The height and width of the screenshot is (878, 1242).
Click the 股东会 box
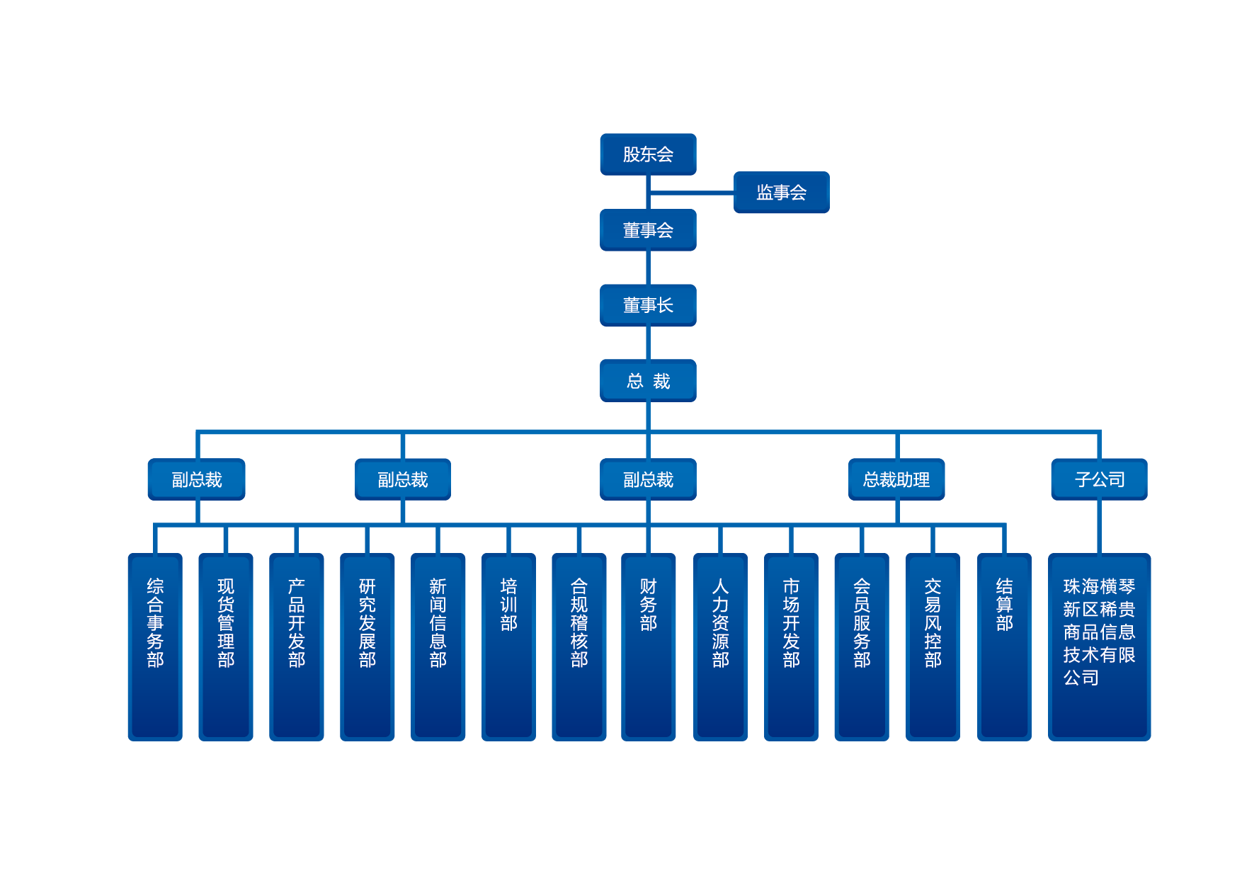pyautogui.click(x=648, y=154)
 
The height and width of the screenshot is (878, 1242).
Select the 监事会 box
pyautogui.click(x=781, y=193)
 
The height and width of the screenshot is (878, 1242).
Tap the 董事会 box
pyautogui.click(x=648, y=230)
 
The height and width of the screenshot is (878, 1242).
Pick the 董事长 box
pyautogui.click(x=648, y=305)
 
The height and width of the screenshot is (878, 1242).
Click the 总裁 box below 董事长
pyautogui.click(x=648, y=381)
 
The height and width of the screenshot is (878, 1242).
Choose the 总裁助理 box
pyautogui.click(x=896, y=479)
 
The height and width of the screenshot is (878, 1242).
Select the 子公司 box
pyautogui.click(x=1099, y=479)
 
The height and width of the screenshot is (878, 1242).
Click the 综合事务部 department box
pyautogui.click(x=155, y=646)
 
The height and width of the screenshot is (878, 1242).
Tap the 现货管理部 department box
pyautogui.click(x=226, y=646)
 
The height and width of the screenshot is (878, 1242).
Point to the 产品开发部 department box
pyautogui.click(x=297, y=646)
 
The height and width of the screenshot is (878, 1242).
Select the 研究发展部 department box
pyautogui.click(x=368, y=646)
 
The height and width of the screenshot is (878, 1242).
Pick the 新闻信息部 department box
pyautogui.click(x=438, y=646)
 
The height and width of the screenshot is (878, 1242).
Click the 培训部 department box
pyautogui.click(x=508, y=646)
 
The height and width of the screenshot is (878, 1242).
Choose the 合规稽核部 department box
pyautogui.click(x=579, y=646)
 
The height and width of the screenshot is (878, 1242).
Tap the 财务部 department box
pyautogui.click(x=649, y=646)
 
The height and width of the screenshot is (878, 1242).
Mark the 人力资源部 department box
pyautogui.click(x=720, y=646)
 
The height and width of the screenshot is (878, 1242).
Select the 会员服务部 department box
pyautogui.click(x=862, y=646)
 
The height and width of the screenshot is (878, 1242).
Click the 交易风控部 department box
pyautogui.click(x=933, y=646)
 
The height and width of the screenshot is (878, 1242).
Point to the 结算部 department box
pyautogui.click(x=1004, y=646)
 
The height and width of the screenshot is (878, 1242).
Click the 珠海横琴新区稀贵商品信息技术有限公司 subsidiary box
pyautogui.click(x=1099, y=646)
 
